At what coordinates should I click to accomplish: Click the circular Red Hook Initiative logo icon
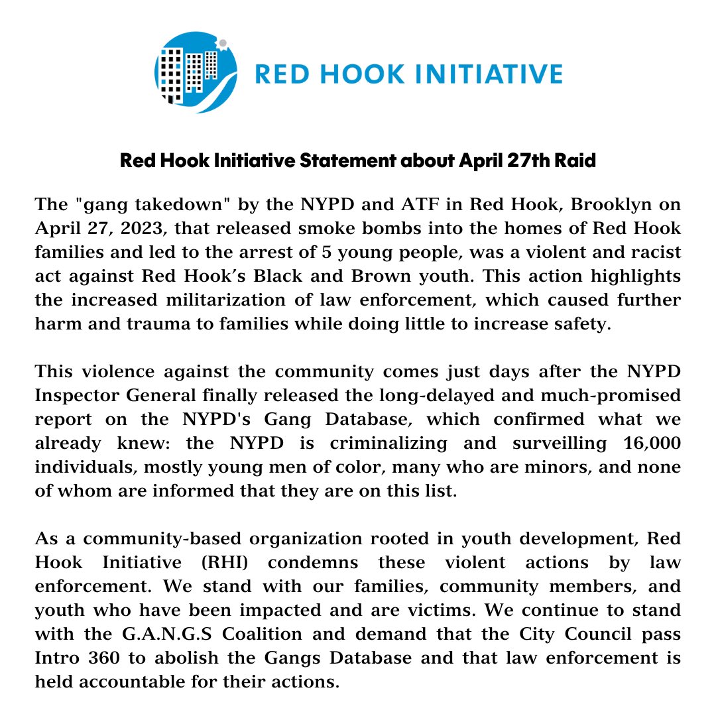196,72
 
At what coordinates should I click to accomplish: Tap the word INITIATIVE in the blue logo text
487,73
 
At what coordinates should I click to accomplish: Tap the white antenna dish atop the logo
223,44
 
